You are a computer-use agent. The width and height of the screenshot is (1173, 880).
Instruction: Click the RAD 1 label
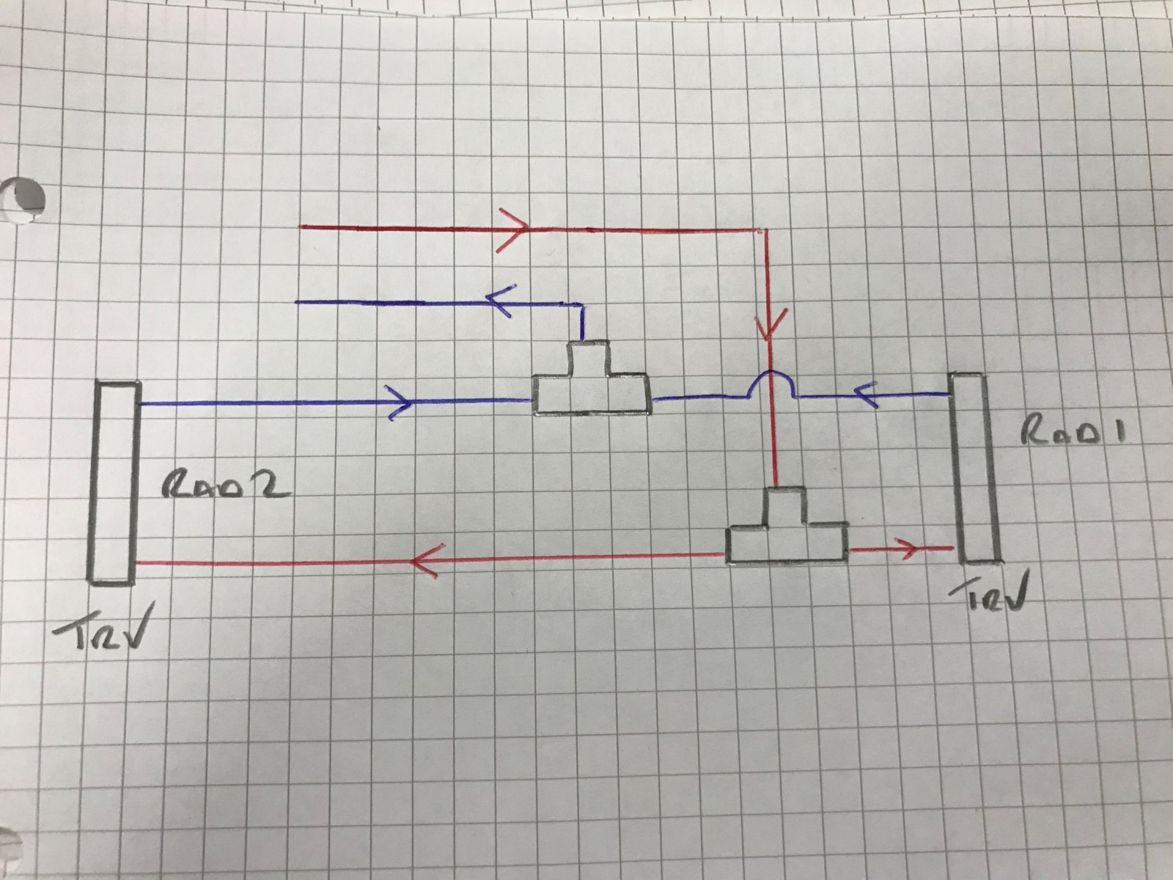[x=1073, y=431]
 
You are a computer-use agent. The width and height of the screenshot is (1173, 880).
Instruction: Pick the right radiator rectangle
[x=974, y=469]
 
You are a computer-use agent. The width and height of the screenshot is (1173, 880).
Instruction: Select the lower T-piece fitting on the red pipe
[x=786, y=526]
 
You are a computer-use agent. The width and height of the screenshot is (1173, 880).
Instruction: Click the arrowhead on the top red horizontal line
[x=513, y=230]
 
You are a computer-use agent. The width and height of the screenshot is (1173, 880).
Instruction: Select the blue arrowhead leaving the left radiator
[x=401, y=403]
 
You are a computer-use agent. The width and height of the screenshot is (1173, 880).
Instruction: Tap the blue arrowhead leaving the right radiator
[x=866, y=395]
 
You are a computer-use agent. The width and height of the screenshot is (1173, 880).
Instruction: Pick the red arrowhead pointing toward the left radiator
[x=427, y=560]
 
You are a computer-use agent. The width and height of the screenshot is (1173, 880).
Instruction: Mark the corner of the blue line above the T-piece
[x=582, y=304]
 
